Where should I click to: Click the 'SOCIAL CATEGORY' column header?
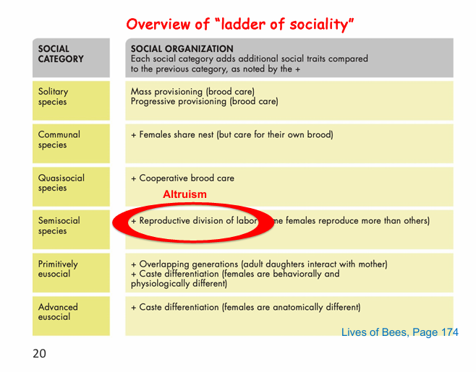(x=61, y=54)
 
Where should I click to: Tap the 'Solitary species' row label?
(x=53, y=97)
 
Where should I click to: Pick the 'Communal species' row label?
(x=59, y=139)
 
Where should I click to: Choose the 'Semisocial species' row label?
(x=59, y=225)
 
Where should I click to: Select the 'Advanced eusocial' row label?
(x=58, y=312)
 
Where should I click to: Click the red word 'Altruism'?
(x=184, y=194)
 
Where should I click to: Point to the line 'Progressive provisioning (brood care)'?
(x=204, y=102)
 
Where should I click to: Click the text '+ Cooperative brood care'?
(x=182, y=178)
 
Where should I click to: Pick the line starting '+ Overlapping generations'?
(x=259, y=264)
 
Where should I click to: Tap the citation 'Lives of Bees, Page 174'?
(x=399, y=332)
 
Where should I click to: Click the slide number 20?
(x=39, y=354)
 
